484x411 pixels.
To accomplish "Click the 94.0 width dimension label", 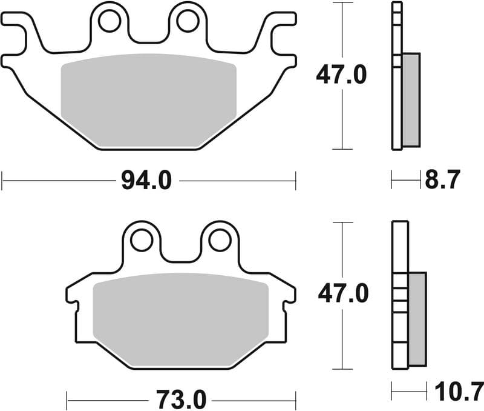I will (147, 181).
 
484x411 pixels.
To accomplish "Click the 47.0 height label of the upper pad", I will (341, 75).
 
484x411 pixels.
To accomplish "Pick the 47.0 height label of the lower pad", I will (343, 295).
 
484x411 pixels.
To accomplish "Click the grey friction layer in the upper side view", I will (411, 100).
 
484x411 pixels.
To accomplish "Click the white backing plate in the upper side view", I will (396, 76).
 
